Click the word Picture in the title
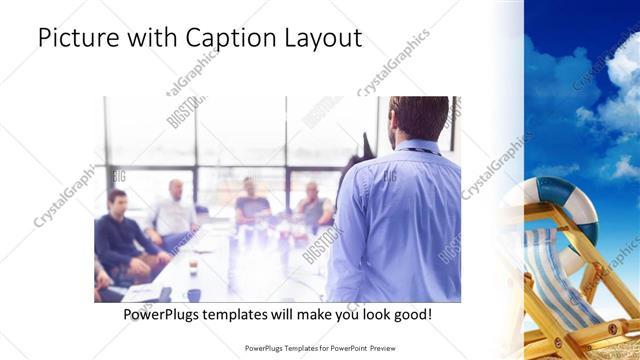[73, 38]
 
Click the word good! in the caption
[413, 314]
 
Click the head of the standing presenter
[418, 118]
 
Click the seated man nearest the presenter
[314, 205]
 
